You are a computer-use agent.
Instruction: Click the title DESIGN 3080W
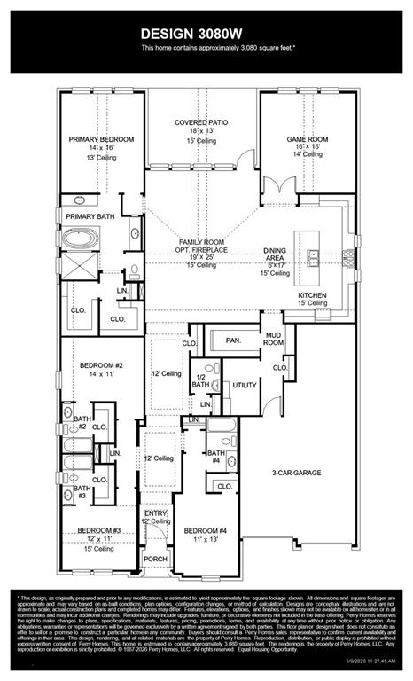pos(206,32)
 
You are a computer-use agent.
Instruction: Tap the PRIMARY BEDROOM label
pos(102,140)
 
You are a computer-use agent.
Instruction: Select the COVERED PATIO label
pos(202,122)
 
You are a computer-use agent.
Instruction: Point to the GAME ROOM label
pos(308,139)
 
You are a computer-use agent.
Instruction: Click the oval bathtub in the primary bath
pos(85,240)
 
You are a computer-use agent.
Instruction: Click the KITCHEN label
pos(312,294)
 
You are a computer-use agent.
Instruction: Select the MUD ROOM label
pos(273,338)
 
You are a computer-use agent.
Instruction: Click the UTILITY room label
pos(244,385)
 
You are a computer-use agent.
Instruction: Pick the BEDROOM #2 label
pos(101,365)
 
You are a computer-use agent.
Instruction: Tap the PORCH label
pos(156,559)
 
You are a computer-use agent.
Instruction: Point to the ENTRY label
pos(156,513)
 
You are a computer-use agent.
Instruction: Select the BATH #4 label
pos(215,455)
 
